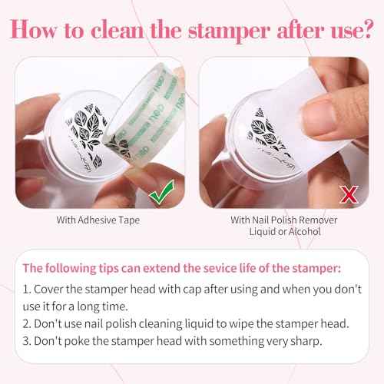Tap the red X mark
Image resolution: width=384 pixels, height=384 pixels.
click(349, 194)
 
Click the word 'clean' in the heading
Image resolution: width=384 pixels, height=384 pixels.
click(118, 31)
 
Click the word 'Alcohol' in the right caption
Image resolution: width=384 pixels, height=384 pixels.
click(305, 231)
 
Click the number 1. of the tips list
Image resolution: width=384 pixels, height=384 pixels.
click(27, 290)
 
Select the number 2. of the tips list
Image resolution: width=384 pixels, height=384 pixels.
click(27, 324)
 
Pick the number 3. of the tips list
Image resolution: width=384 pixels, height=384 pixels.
click(27, 341)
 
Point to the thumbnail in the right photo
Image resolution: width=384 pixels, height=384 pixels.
click(319, 116)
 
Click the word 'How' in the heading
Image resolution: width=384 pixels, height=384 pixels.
click(34, 30)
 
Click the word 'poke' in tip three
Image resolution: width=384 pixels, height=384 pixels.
click(76, 342)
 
